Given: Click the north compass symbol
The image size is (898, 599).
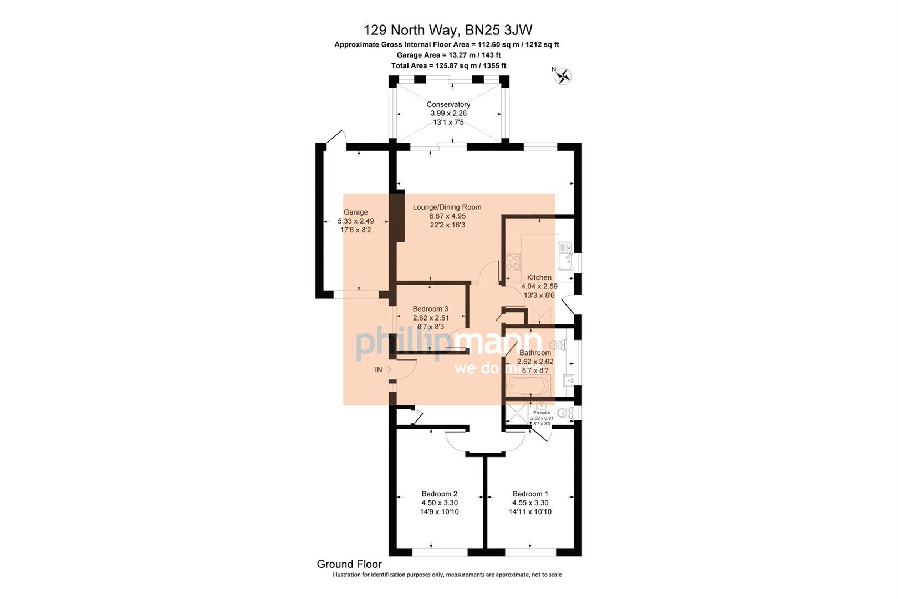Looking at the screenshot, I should pos(564,75).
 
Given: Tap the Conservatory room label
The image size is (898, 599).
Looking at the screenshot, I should pos(448,104).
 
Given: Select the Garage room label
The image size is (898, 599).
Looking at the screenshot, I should pos(355,212).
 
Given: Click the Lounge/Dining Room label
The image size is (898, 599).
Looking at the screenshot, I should pos(447,207).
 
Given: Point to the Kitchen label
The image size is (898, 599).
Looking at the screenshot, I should pos(539,277).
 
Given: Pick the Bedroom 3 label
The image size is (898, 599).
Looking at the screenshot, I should pos(430,309).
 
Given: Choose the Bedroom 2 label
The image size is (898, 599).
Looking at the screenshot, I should pos(439,494).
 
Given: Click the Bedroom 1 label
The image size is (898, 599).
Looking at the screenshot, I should pos(530,494).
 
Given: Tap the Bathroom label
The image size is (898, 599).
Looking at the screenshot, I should pos(535,352).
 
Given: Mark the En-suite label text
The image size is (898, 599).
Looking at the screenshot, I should pos(541,413).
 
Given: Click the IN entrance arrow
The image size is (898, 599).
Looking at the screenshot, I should pos(383,369).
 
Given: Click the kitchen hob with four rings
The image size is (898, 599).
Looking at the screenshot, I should pos(513,262).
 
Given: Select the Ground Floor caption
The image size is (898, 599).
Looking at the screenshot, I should pos(349,564).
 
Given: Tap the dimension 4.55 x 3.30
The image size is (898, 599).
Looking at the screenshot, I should pos(530,503).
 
